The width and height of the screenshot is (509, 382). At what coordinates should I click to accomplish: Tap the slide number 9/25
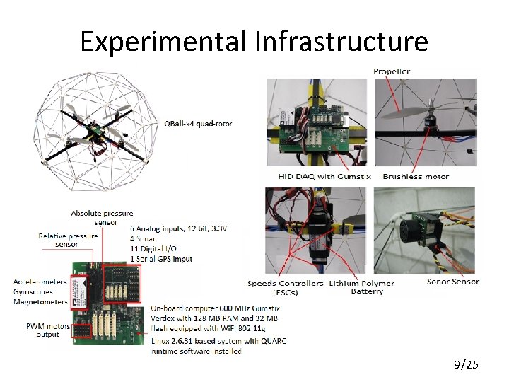click(466, 365)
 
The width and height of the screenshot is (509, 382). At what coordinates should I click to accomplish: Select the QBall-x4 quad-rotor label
click(198, 124)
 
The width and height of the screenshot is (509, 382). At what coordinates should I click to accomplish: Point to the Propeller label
click(392, 71)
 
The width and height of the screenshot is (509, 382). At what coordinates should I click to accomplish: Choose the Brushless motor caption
click(416, 176)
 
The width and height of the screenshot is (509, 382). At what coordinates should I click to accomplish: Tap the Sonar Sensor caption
click(453, 282)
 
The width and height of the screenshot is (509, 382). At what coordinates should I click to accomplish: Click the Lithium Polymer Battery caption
click(363, 287)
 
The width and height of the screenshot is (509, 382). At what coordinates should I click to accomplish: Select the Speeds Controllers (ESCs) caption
click(286, 287)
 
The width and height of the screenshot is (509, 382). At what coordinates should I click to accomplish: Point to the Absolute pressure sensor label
click(102, 216)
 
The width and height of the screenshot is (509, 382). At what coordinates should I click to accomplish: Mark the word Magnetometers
click(40, 302)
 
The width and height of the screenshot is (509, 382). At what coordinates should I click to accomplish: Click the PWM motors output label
click(48, 330)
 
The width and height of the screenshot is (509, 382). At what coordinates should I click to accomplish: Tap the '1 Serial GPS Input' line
click(162, 259)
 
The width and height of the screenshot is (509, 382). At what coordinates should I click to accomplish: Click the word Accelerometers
click(40, 282)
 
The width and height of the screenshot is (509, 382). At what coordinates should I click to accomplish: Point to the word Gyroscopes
click(35, 292)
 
